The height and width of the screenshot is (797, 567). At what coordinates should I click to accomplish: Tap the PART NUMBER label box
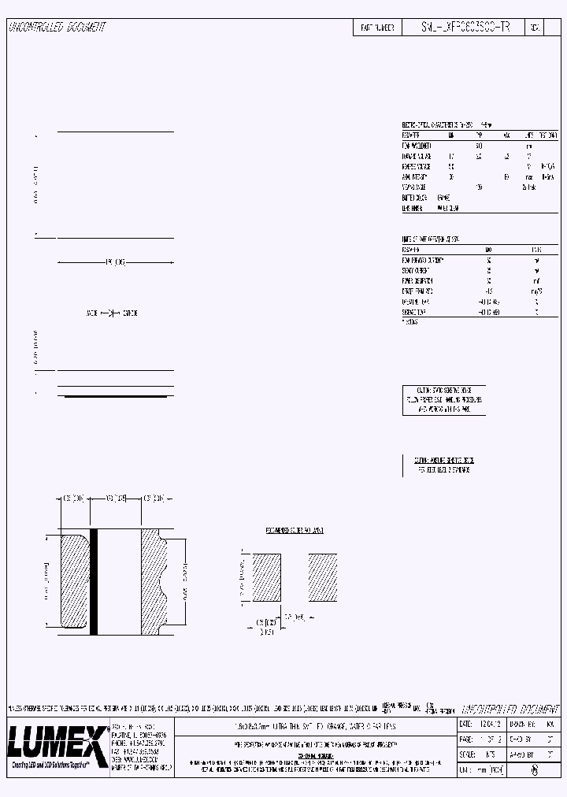pos(376,27)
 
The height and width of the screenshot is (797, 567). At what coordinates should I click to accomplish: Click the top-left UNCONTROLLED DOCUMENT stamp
pos(57,27)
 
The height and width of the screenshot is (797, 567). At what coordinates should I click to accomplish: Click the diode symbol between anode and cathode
pos(110,313)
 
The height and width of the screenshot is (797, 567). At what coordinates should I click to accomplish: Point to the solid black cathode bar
pos(93,581)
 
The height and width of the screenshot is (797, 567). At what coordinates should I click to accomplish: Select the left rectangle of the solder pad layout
pos(266,579)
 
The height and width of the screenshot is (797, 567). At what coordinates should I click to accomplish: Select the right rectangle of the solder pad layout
pos(323,579)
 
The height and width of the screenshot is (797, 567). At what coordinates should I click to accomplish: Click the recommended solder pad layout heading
pos(295,531)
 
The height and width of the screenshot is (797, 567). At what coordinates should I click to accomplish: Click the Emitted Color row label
pos(414,198)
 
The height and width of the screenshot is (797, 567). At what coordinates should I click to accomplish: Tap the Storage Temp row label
pos(415,312)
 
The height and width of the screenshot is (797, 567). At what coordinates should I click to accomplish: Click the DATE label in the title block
pos(466,724)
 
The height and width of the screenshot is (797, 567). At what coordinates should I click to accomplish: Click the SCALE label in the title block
pos(467,754)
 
